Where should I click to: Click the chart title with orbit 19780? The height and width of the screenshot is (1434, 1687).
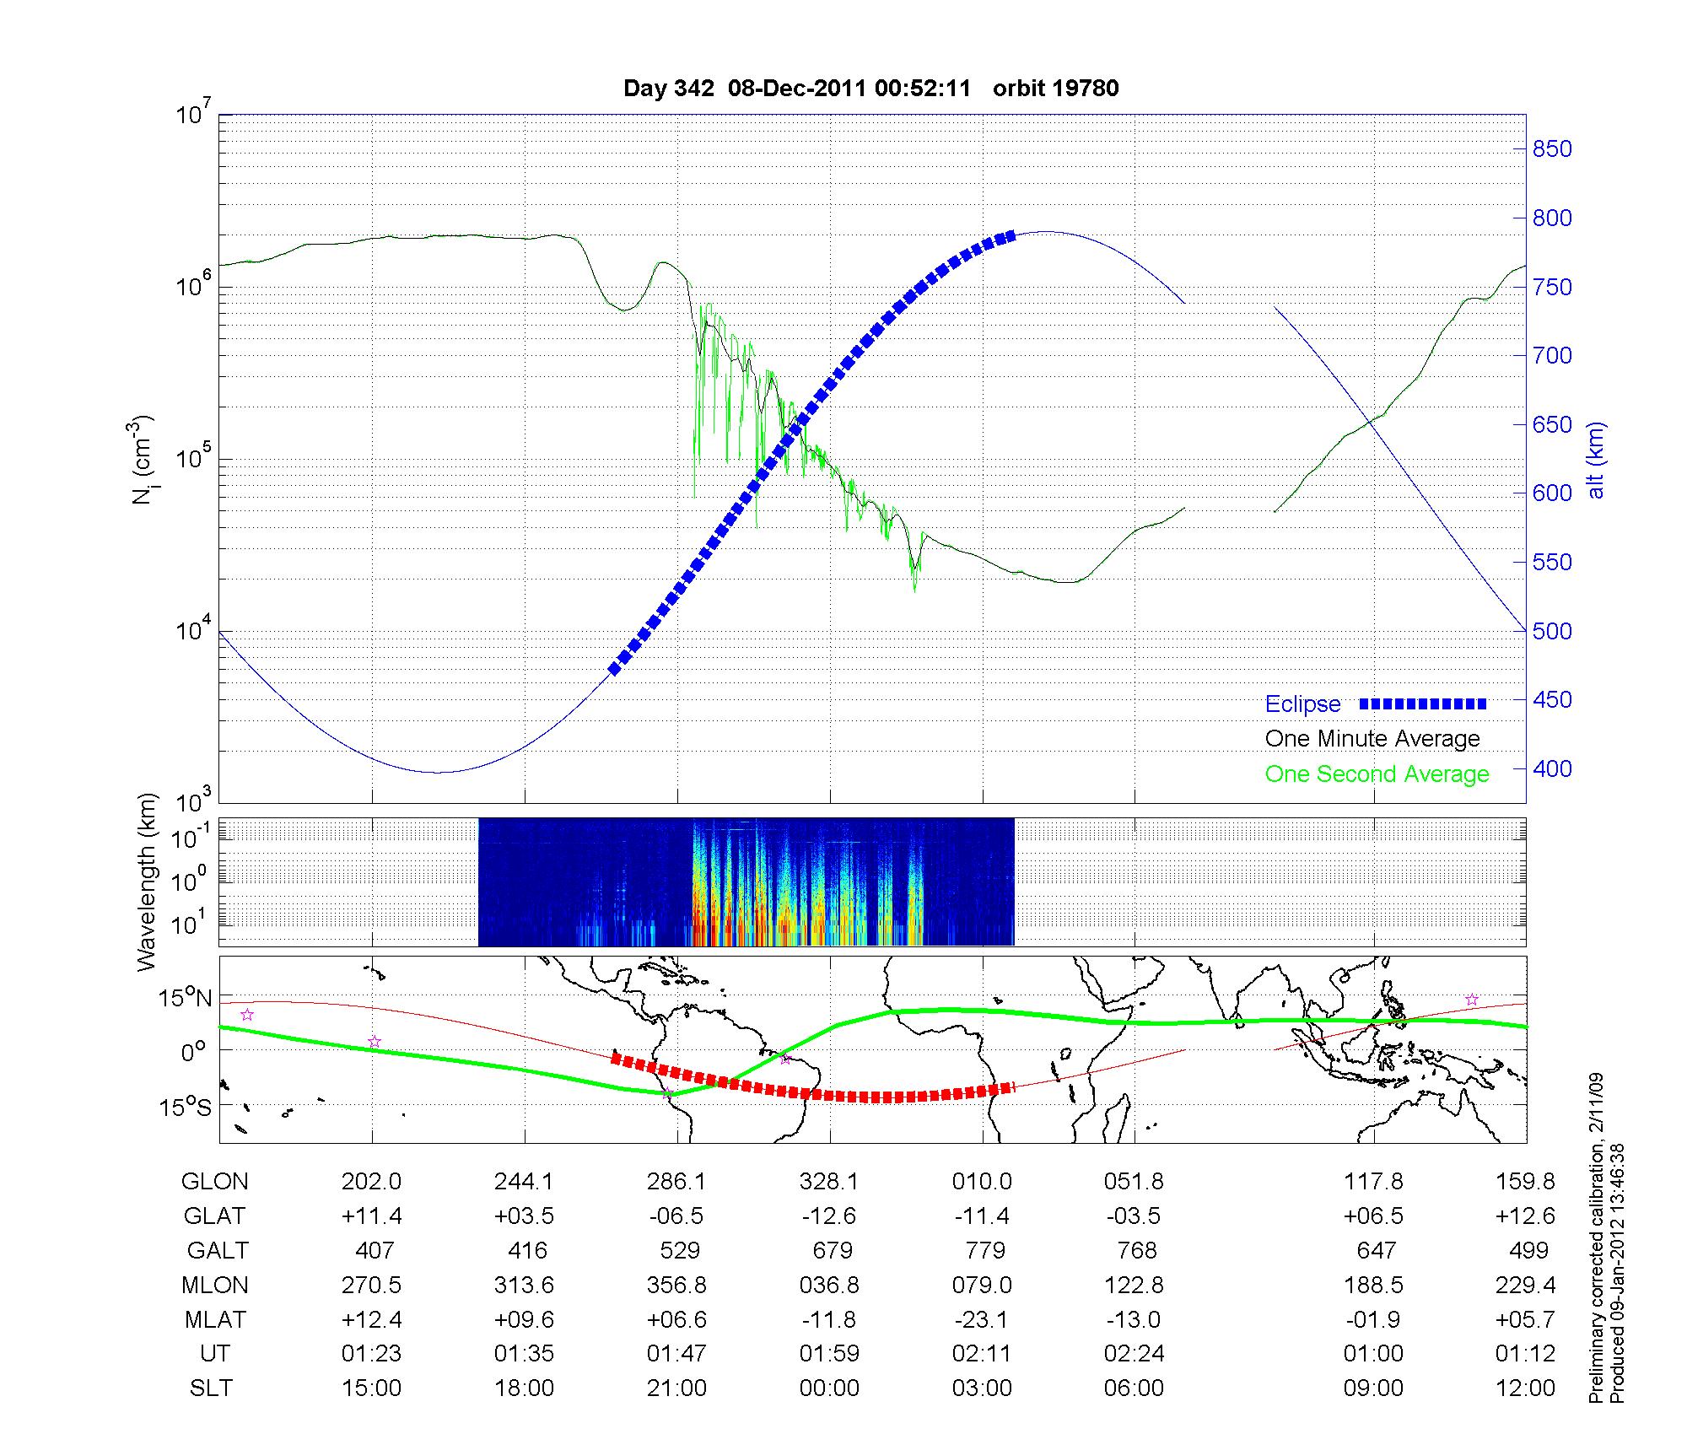[870, 89]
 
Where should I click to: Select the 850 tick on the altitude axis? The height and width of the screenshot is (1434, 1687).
[1552, 149]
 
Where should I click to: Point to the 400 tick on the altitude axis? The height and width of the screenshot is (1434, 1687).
[1552, 768]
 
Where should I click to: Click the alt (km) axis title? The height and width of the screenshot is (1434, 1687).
[1596, 460]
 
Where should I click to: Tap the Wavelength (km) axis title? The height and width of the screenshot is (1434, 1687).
[147, 881]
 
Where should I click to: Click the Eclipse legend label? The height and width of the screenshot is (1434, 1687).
[1302, 704]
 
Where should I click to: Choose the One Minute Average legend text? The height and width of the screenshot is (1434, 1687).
[1372, 739]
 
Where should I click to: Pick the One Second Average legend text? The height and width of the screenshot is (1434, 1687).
[1377, 774]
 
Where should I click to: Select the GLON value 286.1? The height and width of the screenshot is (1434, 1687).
[676, 1181]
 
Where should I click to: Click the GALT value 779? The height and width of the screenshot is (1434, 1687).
[984, 1250]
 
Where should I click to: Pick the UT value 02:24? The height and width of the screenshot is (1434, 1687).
[1135, 1354]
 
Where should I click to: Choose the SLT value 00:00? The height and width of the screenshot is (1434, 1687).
[829, 1388]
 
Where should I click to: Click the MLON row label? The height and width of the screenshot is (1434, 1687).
[214, 1285]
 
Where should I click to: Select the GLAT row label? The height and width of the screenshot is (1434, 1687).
[214, 1216]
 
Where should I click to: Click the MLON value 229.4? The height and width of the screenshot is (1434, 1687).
[1525, 1285]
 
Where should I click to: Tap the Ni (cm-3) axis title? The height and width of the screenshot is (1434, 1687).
[143, 460]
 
